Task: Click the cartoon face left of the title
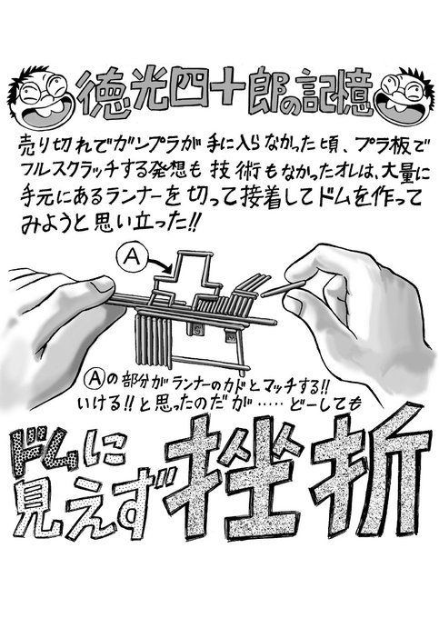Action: [x=42, y=95]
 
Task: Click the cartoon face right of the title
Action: [x=406, y=96]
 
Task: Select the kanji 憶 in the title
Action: [x=353, y=93]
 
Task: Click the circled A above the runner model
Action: [x=132, y=256]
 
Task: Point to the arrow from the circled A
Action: [x=161, y=264]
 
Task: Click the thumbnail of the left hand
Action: [x=101, y=284]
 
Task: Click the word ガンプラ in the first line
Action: [x=147, y=147]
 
